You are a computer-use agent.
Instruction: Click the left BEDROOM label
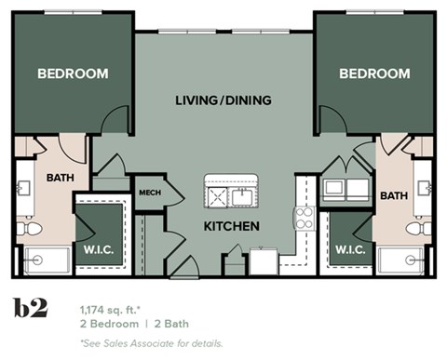[73, 73]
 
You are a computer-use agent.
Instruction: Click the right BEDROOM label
[373, 73]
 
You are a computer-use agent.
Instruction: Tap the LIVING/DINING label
[223, 100]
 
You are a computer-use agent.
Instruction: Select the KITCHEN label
[231, 226]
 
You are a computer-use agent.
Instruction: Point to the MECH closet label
[150, 193]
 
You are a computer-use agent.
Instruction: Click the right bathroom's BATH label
[393, 195]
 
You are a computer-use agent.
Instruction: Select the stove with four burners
[304, 219]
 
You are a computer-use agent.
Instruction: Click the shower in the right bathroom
[402, 260]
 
